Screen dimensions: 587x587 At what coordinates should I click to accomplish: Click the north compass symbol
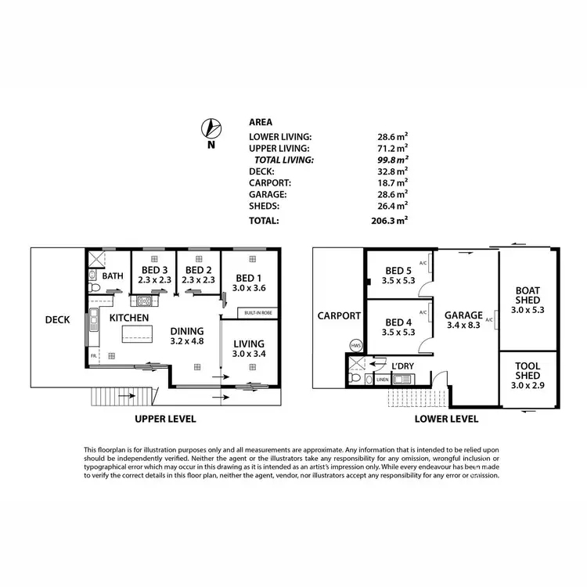pos(210,128)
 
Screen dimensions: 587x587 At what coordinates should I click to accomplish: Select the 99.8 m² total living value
pos(393,159)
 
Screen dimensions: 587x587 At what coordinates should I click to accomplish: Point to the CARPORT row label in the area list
pos(270,182)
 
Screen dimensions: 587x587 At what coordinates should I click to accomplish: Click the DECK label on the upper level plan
pos(57,319)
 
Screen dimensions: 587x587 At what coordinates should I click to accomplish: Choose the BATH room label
pos(113,275)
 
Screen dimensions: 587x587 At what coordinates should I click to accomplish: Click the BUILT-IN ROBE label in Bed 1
pos(257,313)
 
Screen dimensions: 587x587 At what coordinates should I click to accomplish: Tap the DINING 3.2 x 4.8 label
pos(187,336)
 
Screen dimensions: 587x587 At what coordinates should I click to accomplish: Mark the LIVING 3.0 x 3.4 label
pos(249,348)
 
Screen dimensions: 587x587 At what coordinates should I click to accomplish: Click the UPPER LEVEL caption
pos(165,419)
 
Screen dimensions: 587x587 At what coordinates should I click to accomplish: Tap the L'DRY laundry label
pos(402,366)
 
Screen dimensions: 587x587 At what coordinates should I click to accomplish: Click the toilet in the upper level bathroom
pos(94,290)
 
